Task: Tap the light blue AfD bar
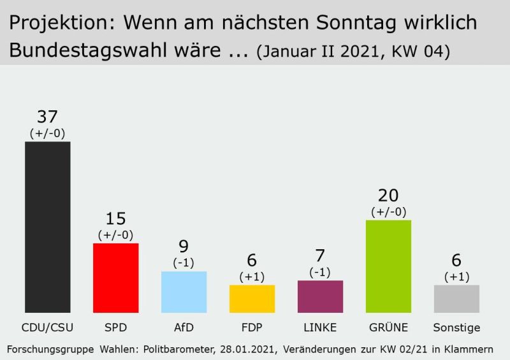click(184, 291)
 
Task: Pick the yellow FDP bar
click(252, 298)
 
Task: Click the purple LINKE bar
click(320, 296)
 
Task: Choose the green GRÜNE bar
click(388, 266)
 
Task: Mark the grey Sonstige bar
click(456, 298)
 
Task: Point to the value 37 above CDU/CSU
click(47, 117)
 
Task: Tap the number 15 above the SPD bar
click(115, 219)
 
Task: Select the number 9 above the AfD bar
click(184, 247)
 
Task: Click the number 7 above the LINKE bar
click(320, 256)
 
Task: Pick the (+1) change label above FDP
click(252, 277)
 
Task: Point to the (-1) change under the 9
click(184, 262)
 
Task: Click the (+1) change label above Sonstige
click(456, 277)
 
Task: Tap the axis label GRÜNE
click(388, 328)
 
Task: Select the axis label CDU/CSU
click(48, 328)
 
